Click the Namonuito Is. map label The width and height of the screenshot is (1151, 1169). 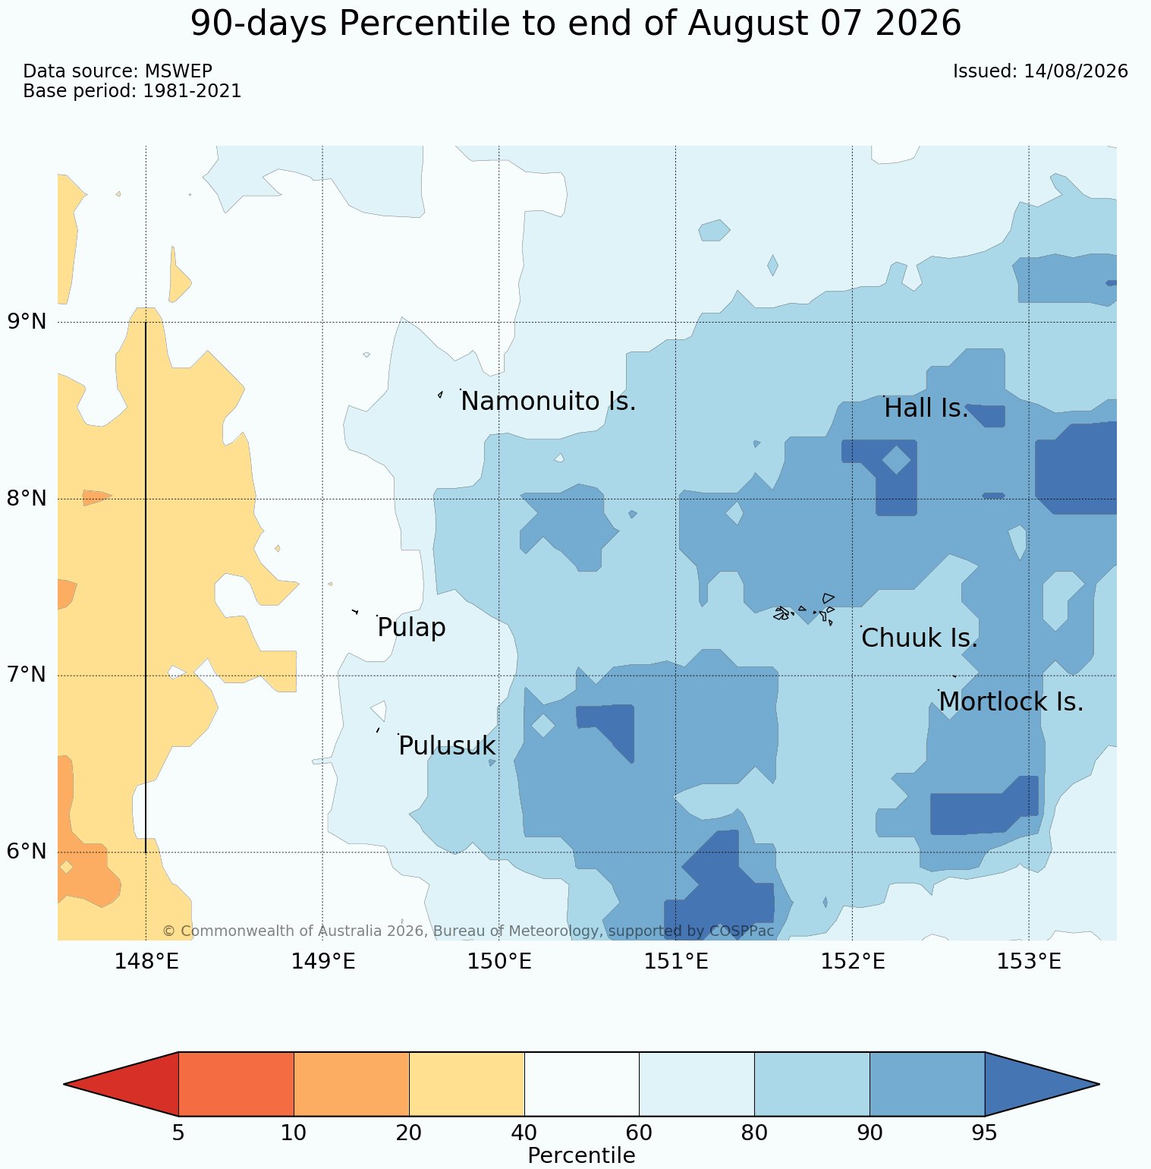[549, 402]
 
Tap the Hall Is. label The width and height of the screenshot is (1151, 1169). [926, 408]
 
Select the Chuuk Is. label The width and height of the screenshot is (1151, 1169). [920, 638]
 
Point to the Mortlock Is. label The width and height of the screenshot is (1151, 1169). [1011, 702]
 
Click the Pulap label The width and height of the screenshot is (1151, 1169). [411, 629]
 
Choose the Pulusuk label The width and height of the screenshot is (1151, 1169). [447, 746]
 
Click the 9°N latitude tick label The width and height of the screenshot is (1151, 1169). [27, 322]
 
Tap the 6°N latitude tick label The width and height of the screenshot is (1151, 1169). [27, 852]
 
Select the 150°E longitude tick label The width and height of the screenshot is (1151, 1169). [498, 962]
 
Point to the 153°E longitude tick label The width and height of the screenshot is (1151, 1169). [1029, 962]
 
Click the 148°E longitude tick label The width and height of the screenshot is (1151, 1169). [146, 962]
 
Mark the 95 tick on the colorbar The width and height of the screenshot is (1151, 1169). [984, 1133]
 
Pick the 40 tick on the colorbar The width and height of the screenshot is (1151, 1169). [524, 1133]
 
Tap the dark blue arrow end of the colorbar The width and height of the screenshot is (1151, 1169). [1042, 1084]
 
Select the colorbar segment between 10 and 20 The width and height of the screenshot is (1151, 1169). [351, 1084]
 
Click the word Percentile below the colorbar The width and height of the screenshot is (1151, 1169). [581, 1156]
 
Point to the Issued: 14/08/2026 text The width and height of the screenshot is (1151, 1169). [1040, 71]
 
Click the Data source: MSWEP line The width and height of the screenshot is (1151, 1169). [118, 71]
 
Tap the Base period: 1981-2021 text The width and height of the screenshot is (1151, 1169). [132, 91]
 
